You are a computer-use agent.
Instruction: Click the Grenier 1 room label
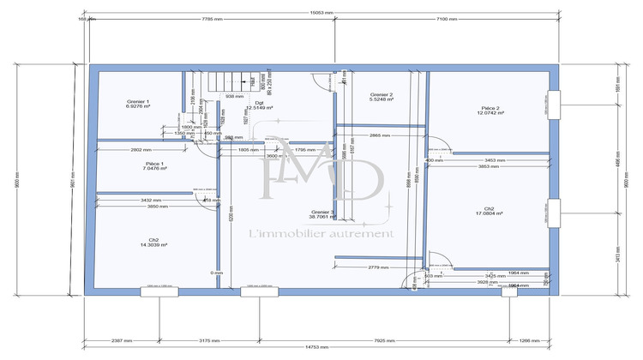pos(137,104)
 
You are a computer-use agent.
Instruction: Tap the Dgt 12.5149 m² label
pos(259,105)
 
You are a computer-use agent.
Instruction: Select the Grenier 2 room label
pos(381,97)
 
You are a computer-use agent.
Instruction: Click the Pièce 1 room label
pos(154,166)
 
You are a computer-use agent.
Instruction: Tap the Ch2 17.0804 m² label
pos(488,211)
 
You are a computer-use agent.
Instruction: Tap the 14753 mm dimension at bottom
pos(321,346)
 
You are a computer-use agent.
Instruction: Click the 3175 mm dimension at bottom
pos(210,340)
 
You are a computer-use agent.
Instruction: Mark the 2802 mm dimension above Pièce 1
pos(141,150)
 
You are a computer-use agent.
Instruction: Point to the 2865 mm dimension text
pos(381,135)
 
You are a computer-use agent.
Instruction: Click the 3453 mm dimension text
pos(496,160)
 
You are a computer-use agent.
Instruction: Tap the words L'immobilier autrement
pos(321,234)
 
